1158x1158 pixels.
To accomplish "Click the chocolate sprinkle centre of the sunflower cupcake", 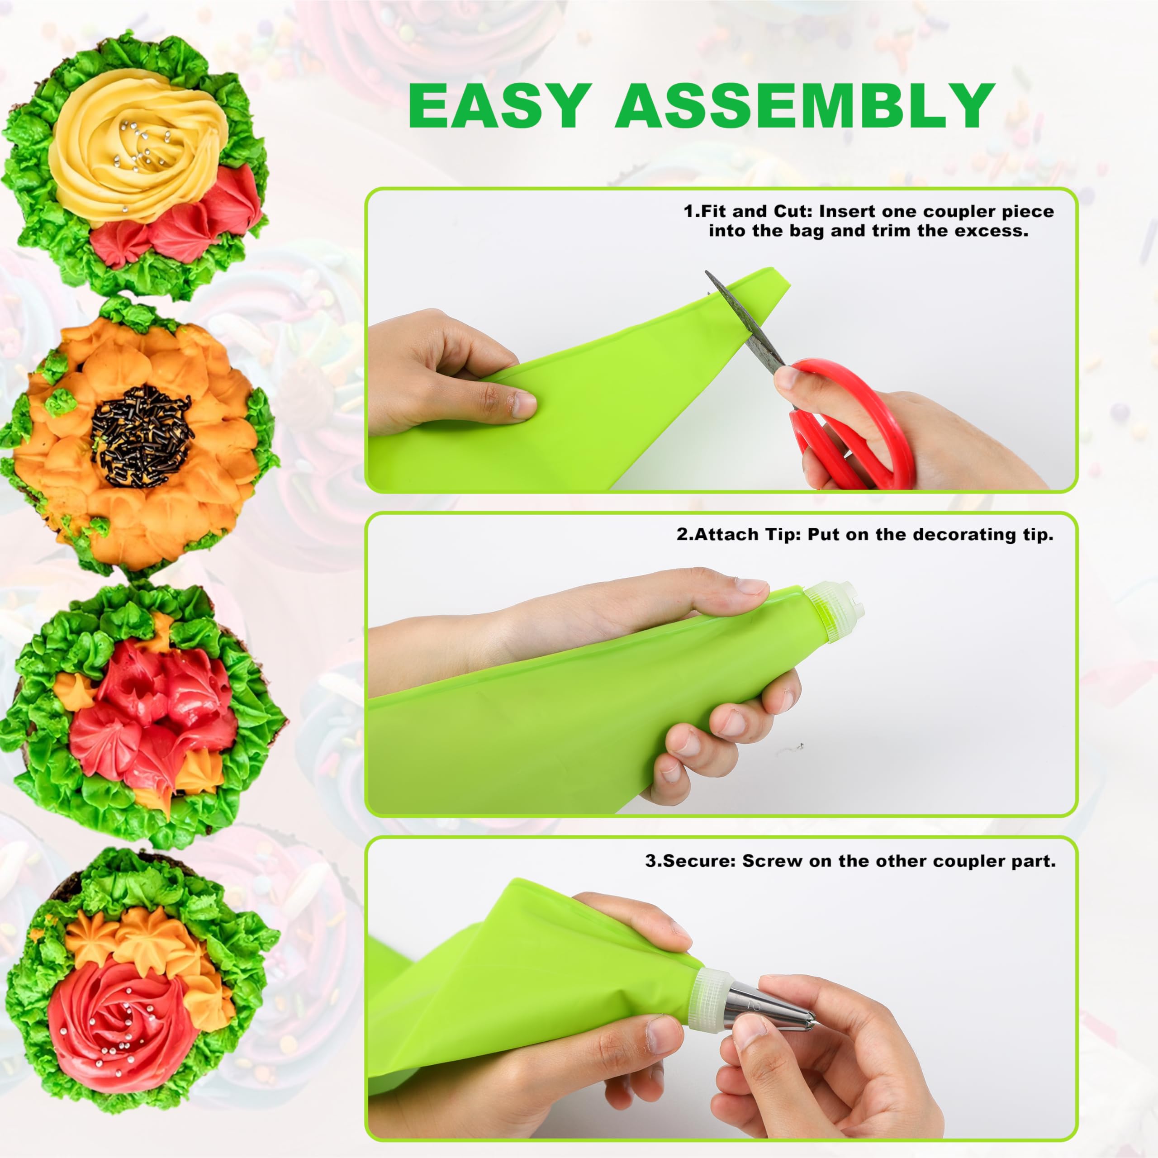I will (142, 435).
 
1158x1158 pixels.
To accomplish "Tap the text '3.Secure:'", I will (690, 861).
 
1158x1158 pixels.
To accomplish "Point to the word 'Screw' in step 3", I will (773, 861).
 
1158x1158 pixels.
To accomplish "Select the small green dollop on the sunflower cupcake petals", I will (60, 403).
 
